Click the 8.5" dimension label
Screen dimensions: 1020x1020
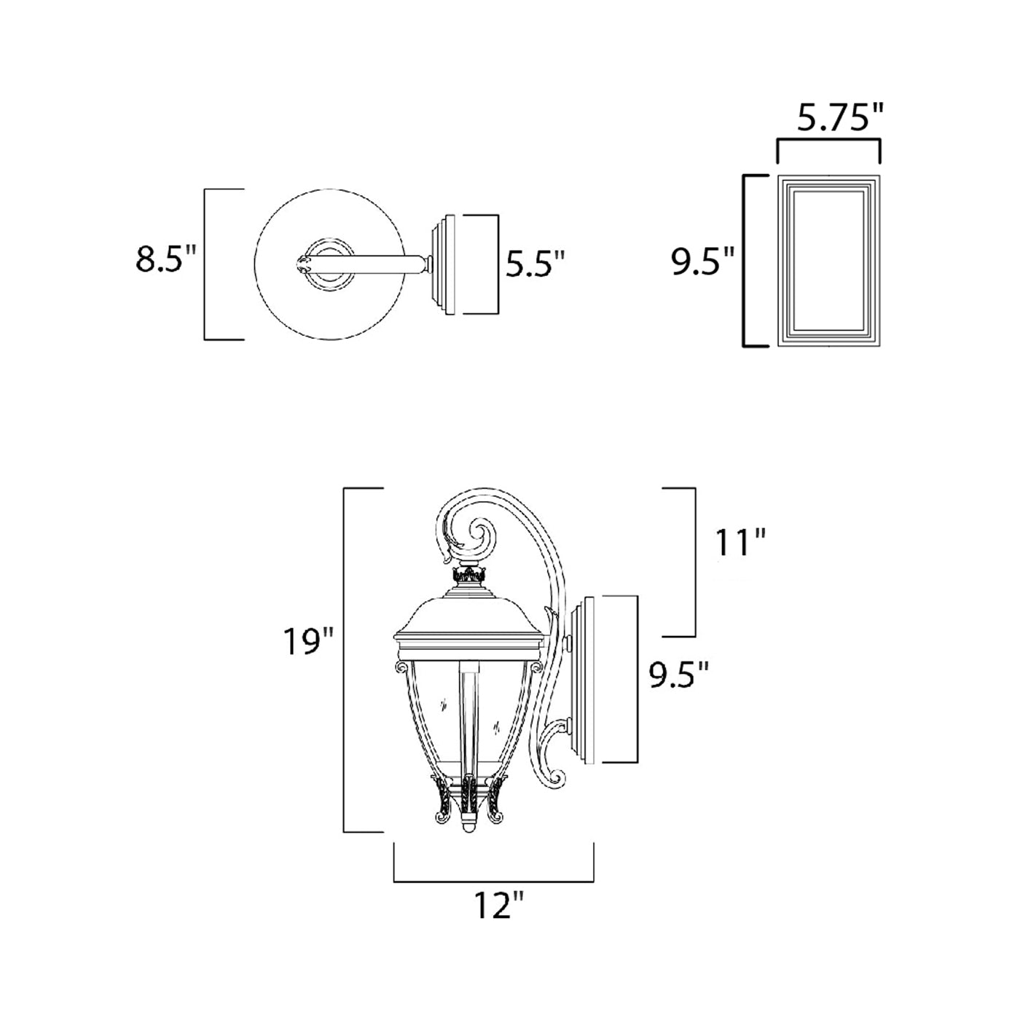(x=167, y=259)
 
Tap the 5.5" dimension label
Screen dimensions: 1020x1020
(x=535, y=264)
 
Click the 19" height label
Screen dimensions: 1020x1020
(x=309, y=643)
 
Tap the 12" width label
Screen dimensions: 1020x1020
(x=498, y=908)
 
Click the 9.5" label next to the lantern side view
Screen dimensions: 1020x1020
(x=679, y=675)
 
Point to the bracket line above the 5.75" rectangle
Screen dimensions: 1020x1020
(x=829, y=141)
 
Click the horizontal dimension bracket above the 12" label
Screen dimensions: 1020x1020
(x=494, y=880)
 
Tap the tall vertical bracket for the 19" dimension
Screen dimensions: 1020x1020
(x=345, y=659)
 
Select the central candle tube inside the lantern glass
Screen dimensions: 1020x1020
(x=467, y=718)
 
